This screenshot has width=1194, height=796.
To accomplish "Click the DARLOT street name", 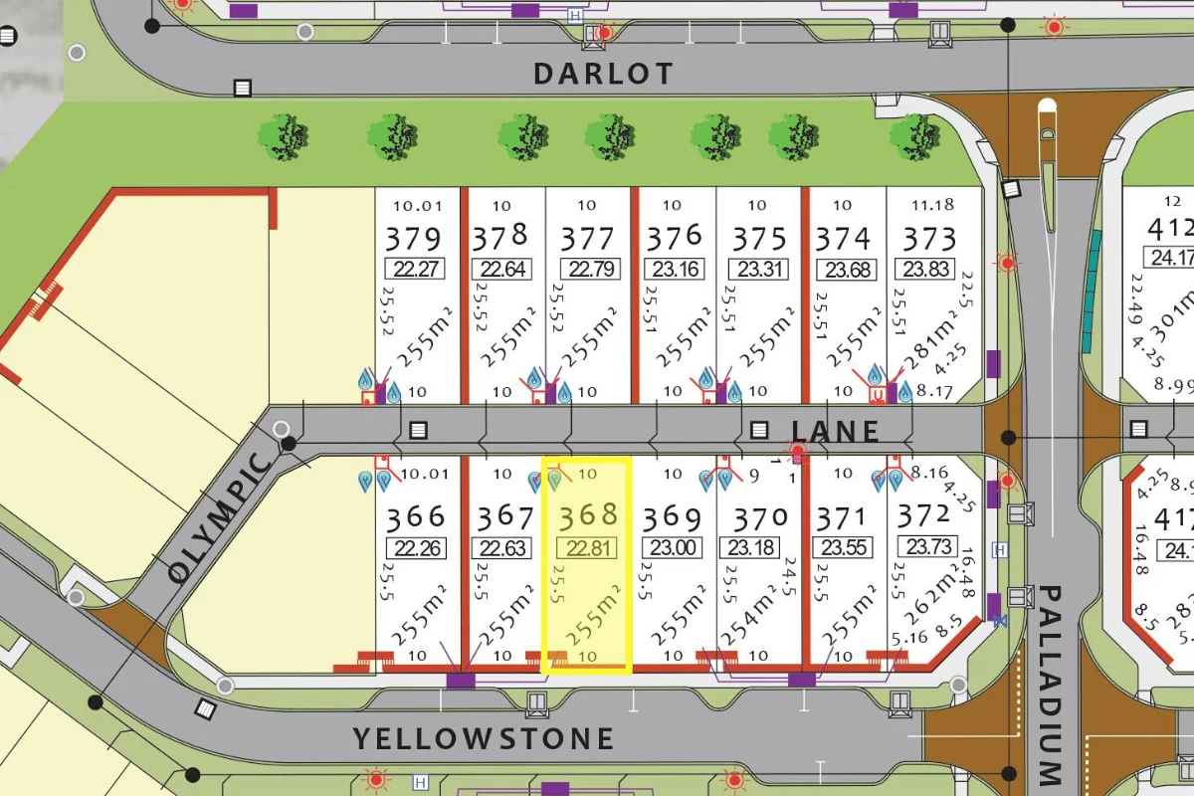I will coord(603,74).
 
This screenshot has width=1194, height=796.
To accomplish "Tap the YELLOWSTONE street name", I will coord(485,738).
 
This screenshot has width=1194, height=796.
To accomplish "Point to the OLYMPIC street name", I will coord(218,517).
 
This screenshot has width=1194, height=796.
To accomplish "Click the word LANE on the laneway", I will coord(836,431).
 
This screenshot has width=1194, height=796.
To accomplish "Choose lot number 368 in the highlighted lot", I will coord(588,516).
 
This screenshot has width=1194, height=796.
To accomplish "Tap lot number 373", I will coord(928,239).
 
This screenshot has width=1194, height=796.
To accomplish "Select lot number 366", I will coord(417,516).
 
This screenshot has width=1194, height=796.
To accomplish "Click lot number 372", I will coord(923,516).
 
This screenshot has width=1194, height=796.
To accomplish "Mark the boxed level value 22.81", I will coord(588,547).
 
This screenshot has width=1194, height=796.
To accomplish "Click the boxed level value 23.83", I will coord(928,269).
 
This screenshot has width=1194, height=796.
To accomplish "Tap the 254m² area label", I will coord(764,617).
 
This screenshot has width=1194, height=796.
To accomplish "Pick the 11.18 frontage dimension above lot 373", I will coord(932,205).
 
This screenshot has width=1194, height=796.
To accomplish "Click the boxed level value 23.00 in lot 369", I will coord(673,547).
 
